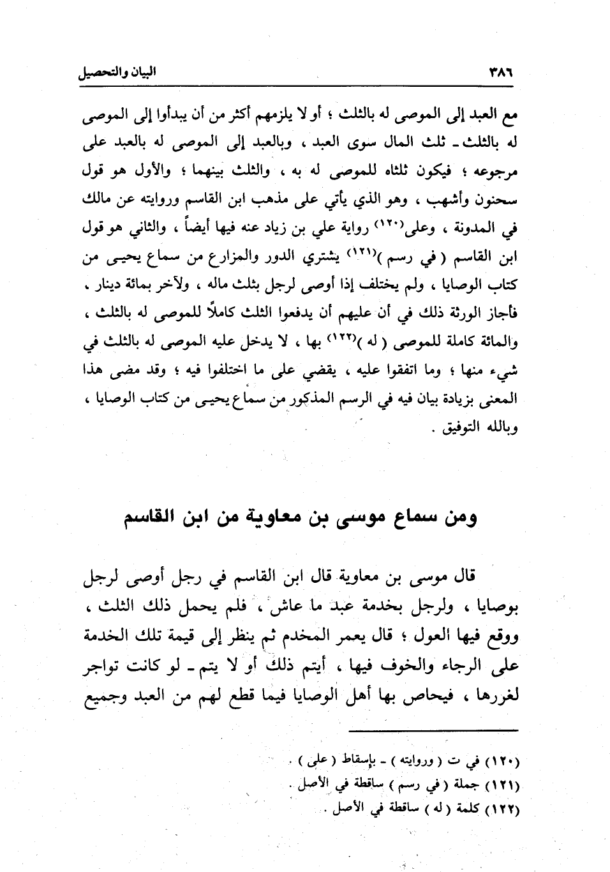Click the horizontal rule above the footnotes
434,730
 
